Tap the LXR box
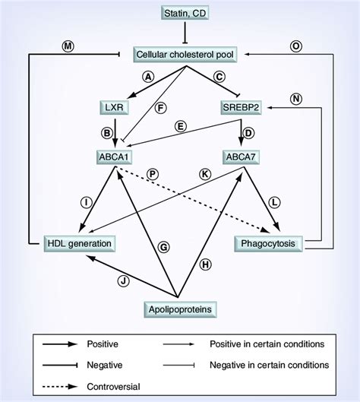[113, 106]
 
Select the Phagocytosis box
[270, 243]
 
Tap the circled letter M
[68, 46]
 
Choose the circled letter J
[124, 280]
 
